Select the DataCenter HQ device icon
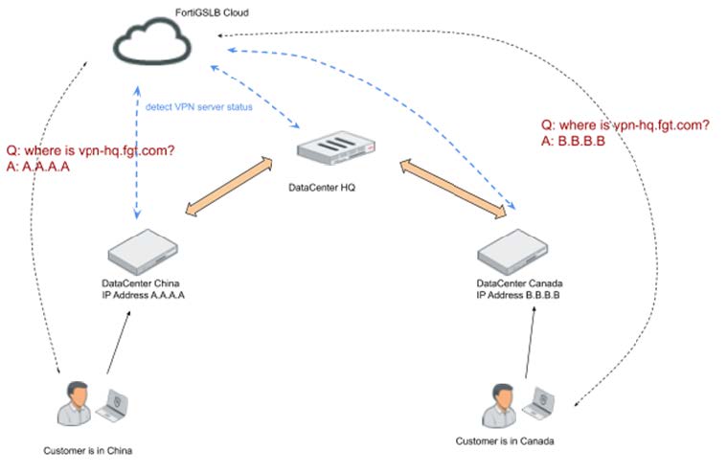[330, 151]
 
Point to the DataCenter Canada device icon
[517, 252]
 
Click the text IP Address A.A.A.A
[143, 296]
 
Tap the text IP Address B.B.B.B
[517, 296]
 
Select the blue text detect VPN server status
[198, 106]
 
